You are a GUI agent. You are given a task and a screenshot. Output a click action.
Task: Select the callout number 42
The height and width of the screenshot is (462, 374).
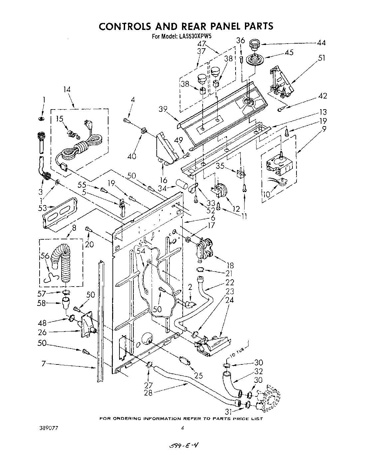(x=322, y=96)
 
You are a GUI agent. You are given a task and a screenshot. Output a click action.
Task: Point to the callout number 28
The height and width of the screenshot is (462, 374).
(x=148, y=393)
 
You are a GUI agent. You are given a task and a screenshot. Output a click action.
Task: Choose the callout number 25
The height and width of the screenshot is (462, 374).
(x=199, y=376)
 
